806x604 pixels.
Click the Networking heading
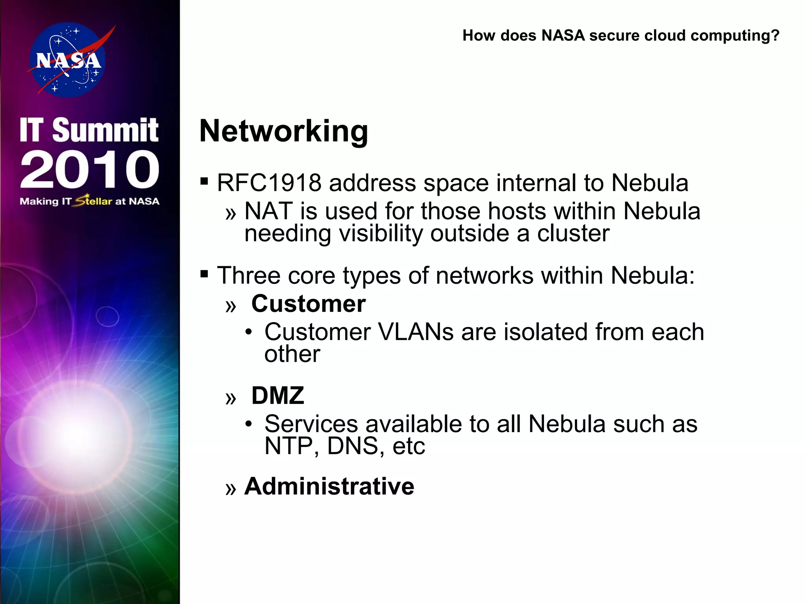pyautogui.click(x=284, y=131)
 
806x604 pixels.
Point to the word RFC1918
pyautogui.click(x=269, y=183)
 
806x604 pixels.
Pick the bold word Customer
pyautogui.click(x=309, y=304)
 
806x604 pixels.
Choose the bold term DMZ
pyautogui.click(x=278, y=396)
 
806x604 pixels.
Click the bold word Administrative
pyautogui.click(x=329, y=486)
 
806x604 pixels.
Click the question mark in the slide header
pyautogui.click(x=775, y=35)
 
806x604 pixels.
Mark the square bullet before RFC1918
pyautogui.click(x=204, y=181)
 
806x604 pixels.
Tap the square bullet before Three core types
pyautogui.click(x=204, y=274)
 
